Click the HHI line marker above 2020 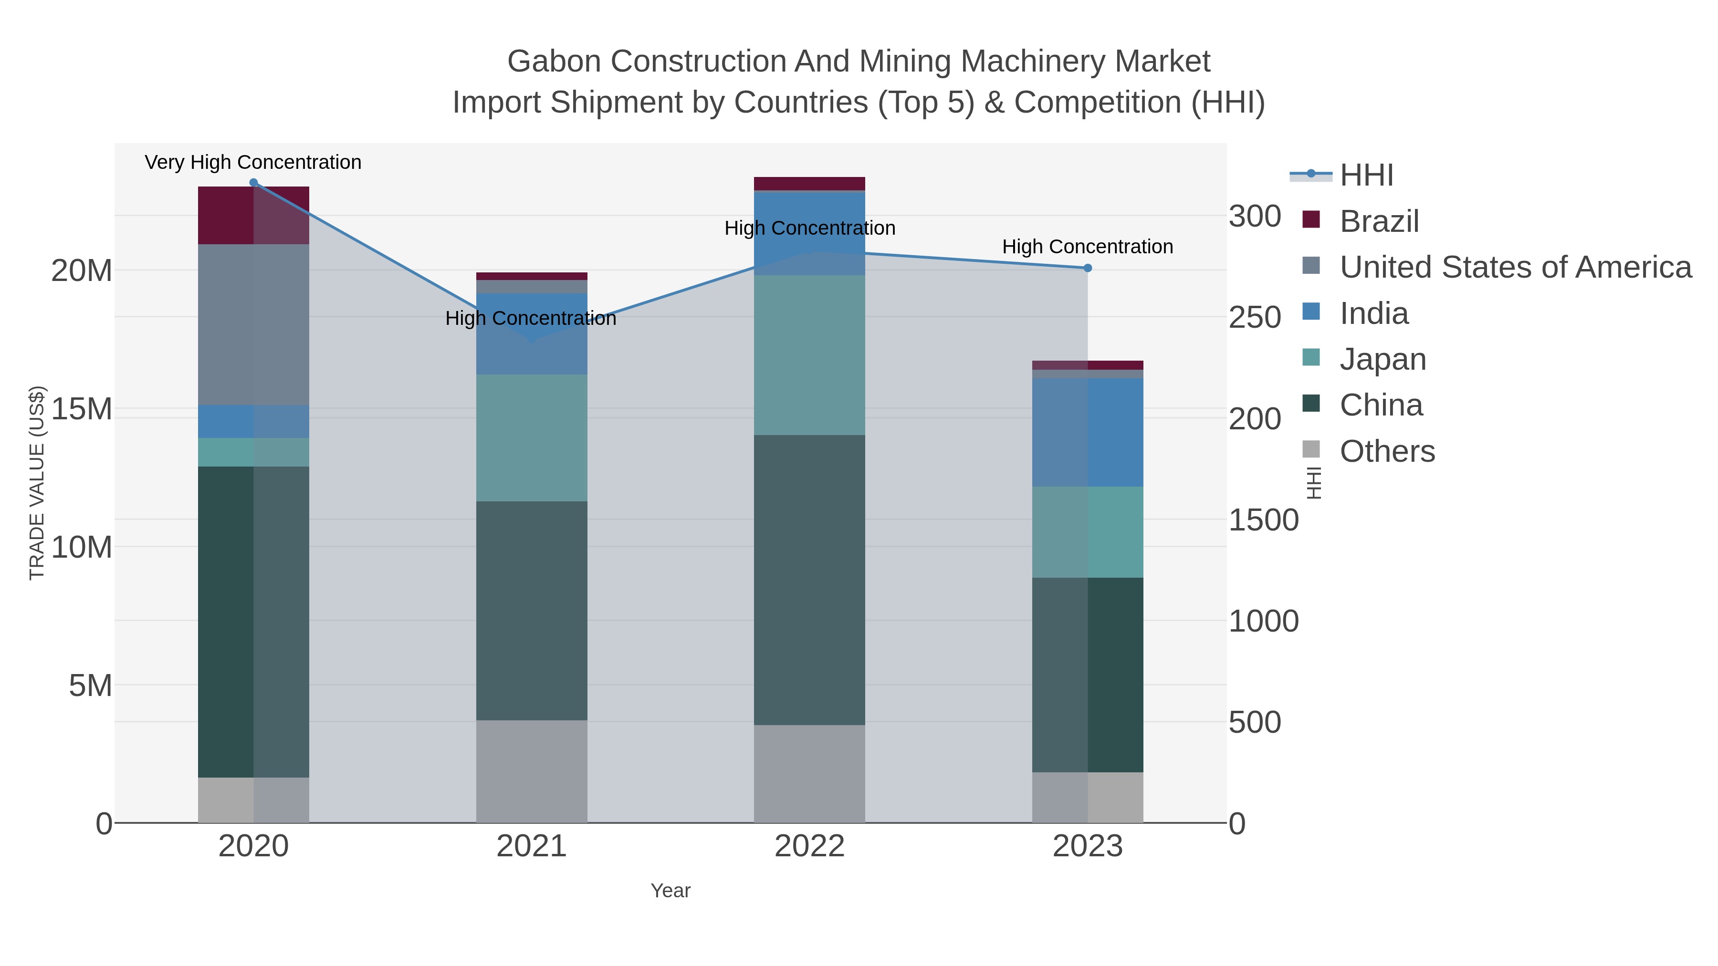253,183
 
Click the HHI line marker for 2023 1088,268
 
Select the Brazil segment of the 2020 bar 253,215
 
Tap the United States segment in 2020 253,325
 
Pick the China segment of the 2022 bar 810,580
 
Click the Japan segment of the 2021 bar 532,437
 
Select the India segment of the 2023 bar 1088,432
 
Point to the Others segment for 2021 532,771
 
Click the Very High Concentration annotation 253,162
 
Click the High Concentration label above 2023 1088,247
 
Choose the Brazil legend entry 1379,221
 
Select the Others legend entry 1387,451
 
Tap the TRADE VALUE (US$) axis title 37,483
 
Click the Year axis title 670,891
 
